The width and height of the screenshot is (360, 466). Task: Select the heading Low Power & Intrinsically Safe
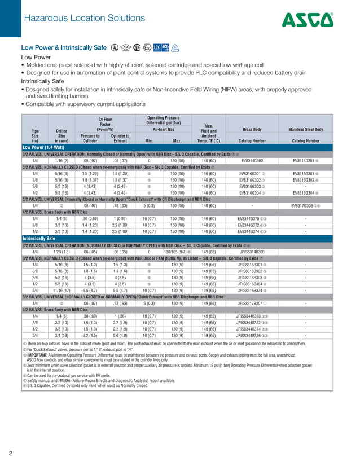point(63,48)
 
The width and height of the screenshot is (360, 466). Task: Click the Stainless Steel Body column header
point(305,129)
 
